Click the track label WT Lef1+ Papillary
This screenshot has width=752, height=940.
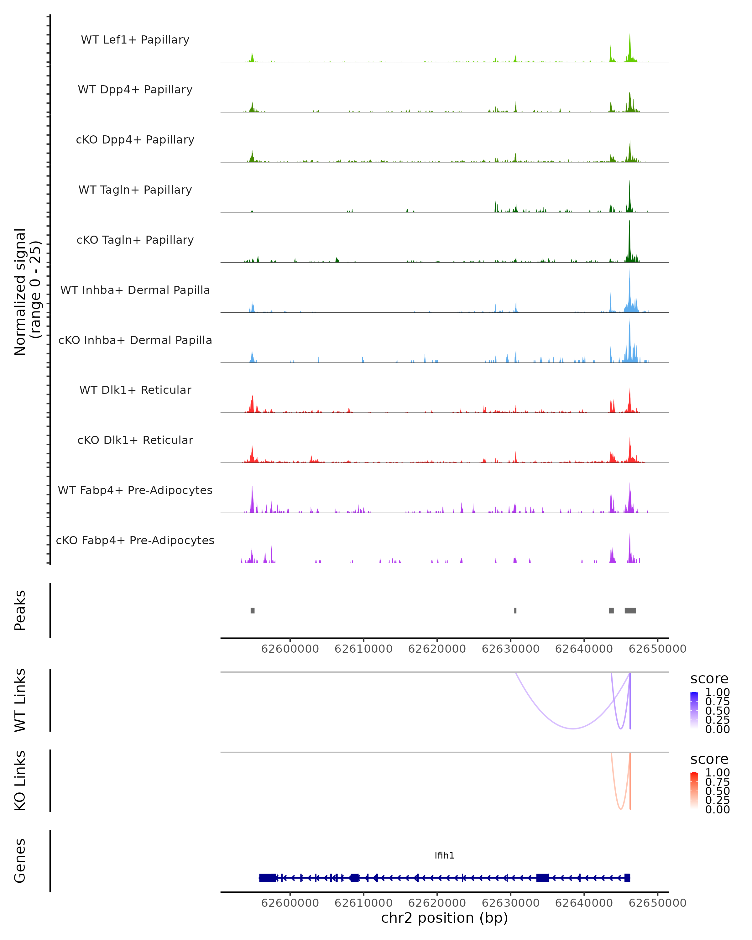(x=135, y=40)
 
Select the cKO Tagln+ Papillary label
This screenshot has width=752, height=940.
(x=135, y=240)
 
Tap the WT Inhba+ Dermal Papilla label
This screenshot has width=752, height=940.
(x=135, y=290)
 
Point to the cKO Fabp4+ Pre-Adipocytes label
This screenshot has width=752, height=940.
(x=135, y=540)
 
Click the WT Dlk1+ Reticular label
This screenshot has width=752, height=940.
(x=135, y=390)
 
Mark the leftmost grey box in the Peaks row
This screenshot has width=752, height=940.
(x=253, y=610)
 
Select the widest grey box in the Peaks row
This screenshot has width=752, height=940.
(x=630, y=610)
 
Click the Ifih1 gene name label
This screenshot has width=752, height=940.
(x=444, y=855)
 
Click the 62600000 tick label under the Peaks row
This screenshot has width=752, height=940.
(x=290, y=649)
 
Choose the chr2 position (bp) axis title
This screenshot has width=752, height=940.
(x=444, y=918)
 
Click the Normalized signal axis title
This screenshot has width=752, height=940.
(x=27, y=292)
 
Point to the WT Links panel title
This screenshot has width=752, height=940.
(x=20, y=700)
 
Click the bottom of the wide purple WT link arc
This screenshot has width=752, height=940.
(x=572, y=728)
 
